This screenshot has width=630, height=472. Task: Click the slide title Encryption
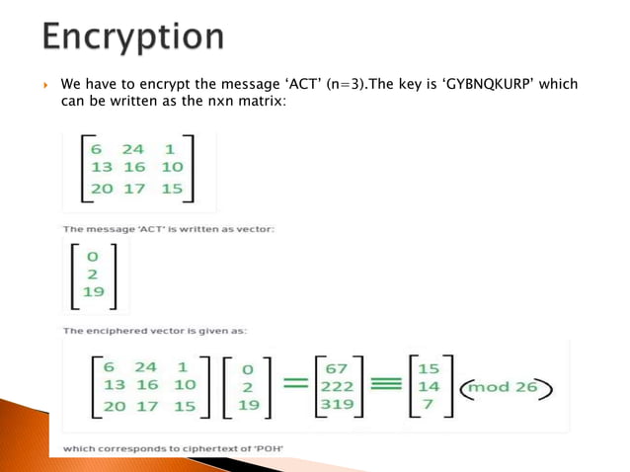[x=133, y=38]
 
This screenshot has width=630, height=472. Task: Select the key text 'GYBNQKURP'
[x=491, y=85]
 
